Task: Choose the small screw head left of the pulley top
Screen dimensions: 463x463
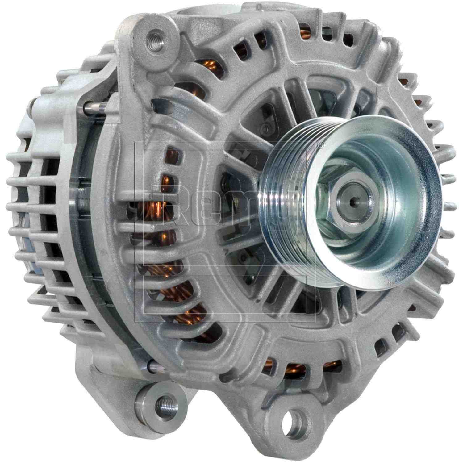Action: (264, 127)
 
